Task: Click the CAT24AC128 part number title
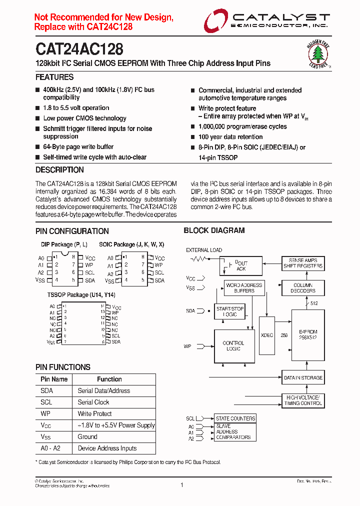click(79, 49)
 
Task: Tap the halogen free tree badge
click(318, 53)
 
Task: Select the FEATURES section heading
click(54, 77)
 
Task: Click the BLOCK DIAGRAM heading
click(214, 230)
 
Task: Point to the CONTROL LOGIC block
click(233, 346)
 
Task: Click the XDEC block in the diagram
click(267, 335)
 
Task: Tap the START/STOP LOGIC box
click(230, 311)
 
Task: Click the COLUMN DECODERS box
click(303, 287)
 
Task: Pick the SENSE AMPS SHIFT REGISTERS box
click(303, 263)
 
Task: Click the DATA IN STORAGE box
click(303, 378)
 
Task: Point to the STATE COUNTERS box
click(235, 418)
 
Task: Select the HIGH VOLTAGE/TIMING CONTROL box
click(303, 400)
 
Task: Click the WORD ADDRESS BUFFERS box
click(244, 288)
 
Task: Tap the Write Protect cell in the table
click(95, 414)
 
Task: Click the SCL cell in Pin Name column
click(46, 402)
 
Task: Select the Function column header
click(109, 379)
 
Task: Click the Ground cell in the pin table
click(87, 437)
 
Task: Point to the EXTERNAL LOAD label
click(204, 250)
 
